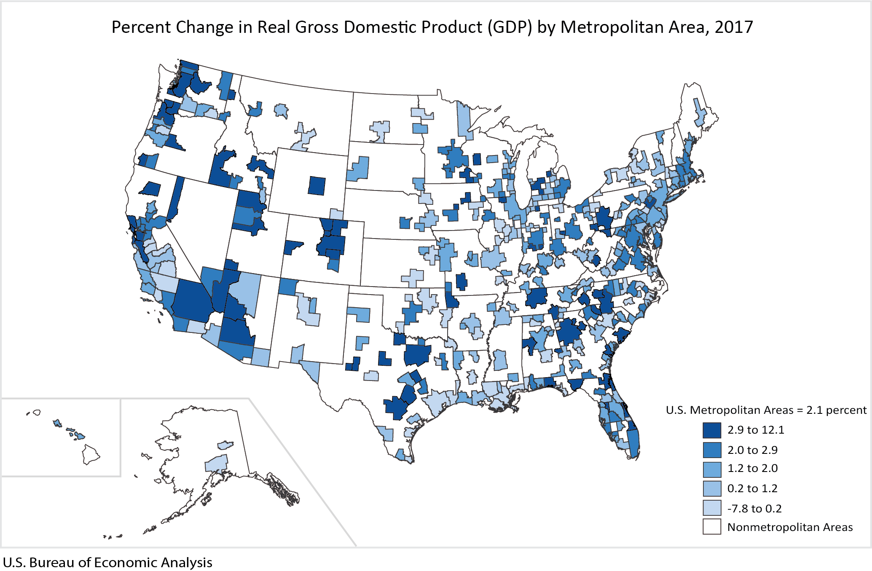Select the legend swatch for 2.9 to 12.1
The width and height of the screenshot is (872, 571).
point(711,430)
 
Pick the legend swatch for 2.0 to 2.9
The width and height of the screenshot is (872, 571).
point(711,450)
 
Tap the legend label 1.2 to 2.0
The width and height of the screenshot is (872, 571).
point(752,468)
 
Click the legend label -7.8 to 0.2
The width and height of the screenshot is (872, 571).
point(754,509)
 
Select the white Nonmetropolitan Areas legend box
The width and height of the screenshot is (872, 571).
point(711,527)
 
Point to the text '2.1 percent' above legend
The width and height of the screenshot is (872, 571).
point(836,410)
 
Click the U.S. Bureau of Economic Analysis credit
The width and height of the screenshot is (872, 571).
point(107,563)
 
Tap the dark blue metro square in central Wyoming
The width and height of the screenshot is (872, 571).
point(317,186)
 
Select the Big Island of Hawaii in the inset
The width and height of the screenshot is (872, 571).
point(91,454)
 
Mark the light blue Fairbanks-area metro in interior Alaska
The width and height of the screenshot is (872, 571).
point(225,445)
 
